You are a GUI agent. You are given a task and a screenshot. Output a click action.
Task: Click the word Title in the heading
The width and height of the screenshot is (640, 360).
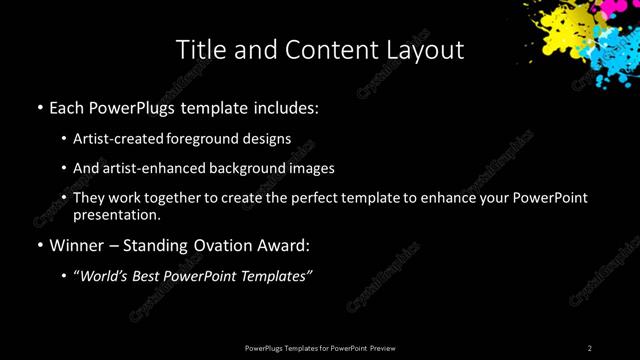(199, 49)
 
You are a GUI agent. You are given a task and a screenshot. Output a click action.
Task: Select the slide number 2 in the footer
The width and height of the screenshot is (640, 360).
(590, 348)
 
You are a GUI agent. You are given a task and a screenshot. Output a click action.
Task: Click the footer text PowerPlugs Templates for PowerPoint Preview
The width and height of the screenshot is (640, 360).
(320, 348)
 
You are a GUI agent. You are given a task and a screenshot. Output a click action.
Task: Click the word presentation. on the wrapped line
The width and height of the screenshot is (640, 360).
(117, 214)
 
